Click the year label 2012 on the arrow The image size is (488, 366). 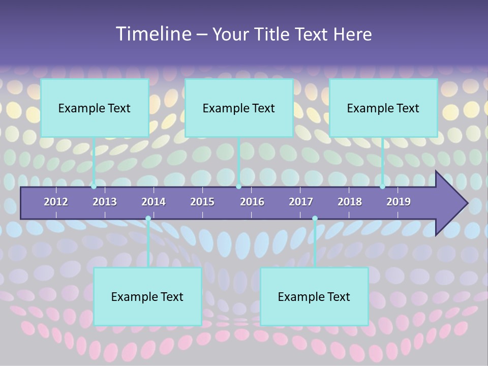pos(56,202)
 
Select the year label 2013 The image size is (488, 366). pos(105,202)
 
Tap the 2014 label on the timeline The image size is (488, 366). pos(154,202)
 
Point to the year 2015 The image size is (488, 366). pos(202,202)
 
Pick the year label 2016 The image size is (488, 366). pos(252,202)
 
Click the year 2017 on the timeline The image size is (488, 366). pos(301,202)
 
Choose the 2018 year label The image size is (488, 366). pos(350,202)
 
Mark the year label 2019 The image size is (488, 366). pos(399,202)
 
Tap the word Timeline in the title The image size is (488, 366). pos(152,34)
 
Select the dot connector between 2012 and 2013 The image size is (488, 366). pos(94,186)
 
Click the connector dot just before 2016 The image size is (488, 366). pos(238,186)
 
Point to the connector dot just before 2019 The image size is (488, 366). pos(382,186)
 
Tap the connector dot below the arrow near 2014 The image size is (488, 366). pos(148,219)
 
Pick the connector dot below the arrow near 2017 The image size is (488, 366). pos(315,219)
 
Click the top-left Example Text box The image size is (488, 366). pos(95,108)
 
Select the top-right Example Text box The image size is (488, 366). pos(383,108)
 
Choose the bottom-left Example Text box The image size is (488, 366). pos(147,296)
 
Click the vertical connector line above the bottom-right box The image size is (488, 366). pos(315,244)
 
